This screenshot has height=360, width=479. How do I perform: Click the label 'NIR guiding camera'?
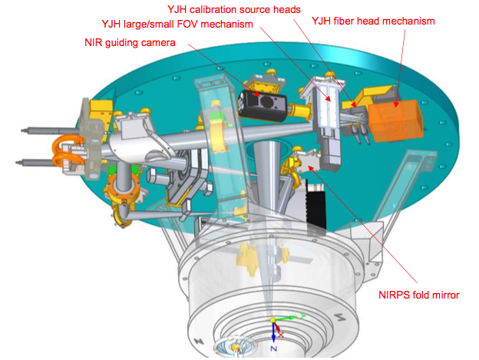(x=130, y=42)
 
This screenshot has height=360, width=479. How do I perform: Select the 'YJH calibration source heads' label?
(x=234, y=9)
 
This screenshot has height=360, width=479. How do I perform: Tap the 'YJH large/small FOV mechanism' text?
(x=177, y=24)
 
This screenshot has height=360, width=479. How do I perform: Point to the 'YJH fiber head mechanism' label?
(x=373, y=21)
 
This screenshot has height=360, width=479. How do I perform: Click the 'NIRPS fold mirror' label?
(x=419, y=295)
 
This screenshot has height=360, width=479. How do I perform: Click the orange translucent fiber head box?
(x=396, y=121)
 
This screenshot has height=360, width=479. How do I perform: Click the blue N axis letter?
(x=274, y=348)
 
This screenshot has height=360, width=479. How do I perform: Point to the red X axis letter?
(x=281, y=335)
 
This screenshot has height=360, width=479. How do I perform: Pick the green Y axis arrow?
(x=289, y=317)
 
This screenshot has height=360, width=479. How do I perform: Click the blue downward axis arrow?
(x=274, y=332)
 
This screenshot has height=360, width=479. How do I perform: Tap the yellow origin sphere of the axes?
(x=273, y=320)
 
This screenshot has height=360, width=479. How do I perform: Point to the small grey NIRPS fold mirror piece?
(x=307, y=163)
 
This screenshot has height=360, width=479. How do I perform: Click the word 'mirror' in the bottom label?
(x=444, y=295)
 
